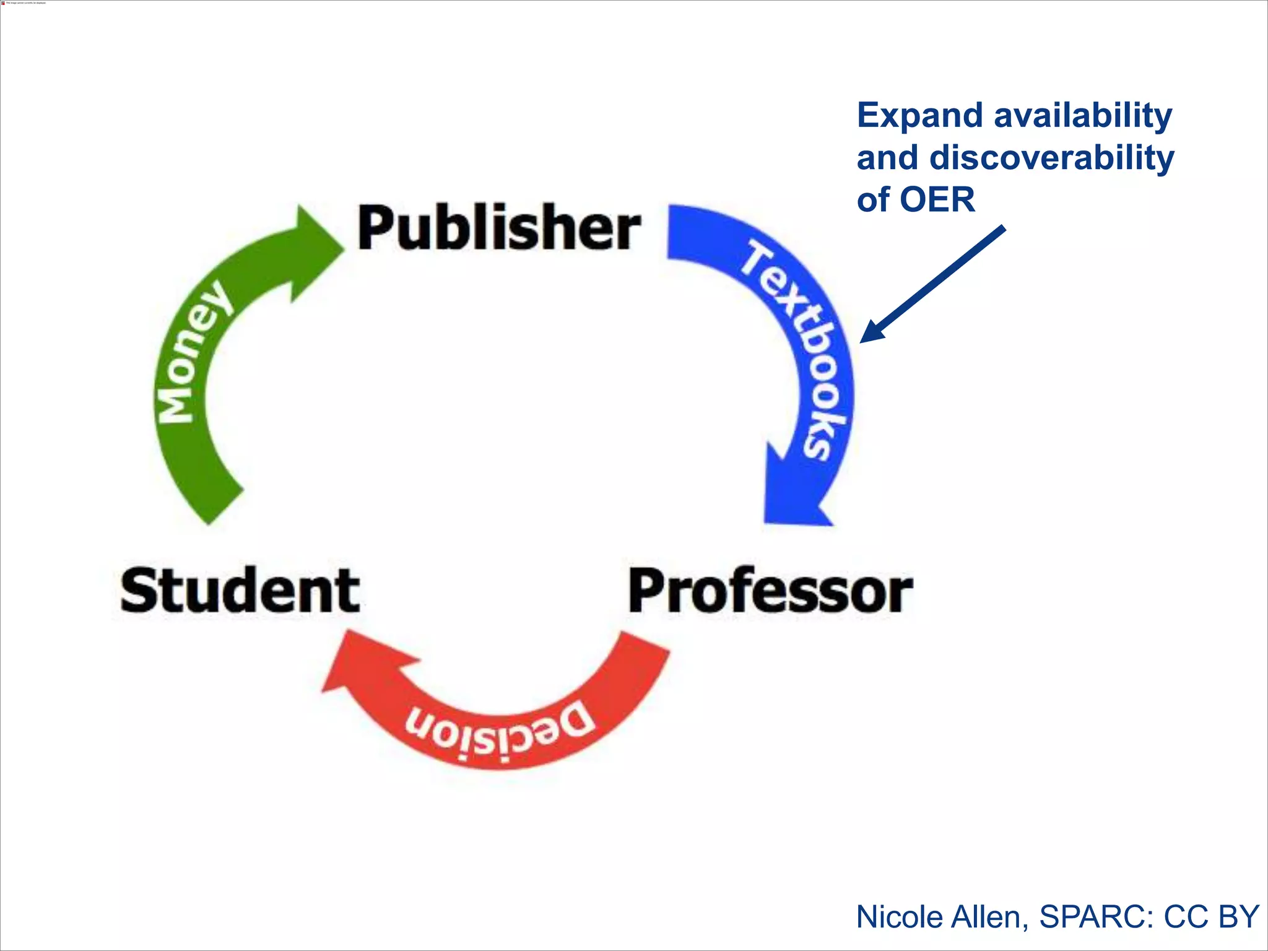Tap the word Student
tap(240, 591)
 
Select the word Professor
tap(770, 592)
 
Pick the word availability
tap(1083, 116)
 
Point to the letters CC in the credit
tap(1186, 917)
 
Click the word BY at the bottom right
tap(1238, 917)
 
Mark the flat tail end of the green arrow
tap(224, 506)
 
